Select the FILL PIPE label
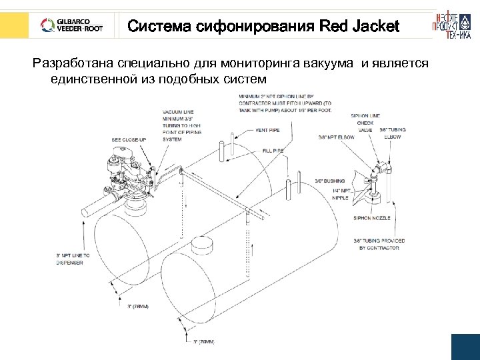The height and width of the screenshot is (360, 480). tap(273, 151)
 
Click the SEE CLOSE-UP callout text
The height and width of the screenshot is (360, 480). tap(129, 140)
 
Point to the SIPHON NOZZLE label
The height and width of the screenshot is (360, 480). tap(372, 219)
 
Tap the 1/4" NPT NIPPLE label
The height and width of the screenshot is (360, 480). tap(340, 195)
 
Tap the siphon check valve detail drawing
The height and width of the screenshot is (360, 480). tap(377, 177)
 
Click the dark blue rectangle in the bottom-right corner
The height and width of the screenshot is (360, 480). tap(465, 347)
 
